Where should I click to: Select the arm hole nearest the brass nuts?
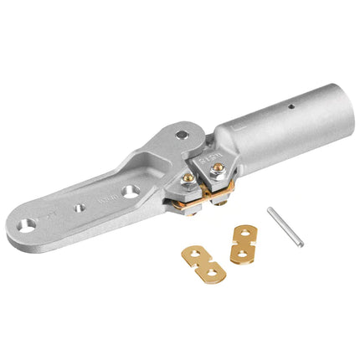pyautogui.click(x=131, y=192)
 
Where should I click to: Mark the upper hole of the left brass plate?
pyautogui.click(x=195, y=253)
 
